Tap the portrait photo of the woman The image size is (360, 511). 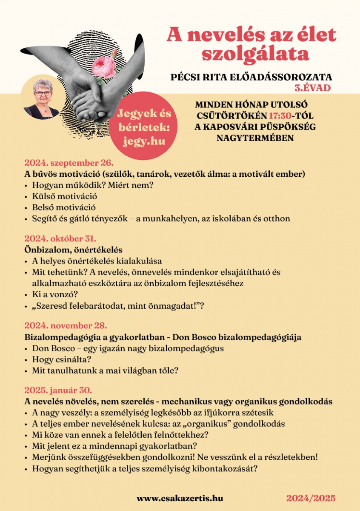click(42, 98)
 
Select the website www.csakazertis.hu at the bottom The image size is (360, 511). click(180, 498)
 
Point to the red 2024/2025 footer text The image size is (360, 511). click(311, 498)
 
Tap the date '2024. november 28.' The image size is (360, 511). click(66, 326)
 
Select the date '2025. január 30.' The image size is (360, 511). click(58, 390)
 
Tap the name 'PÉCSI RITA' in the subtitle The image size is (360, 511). click(200, 77)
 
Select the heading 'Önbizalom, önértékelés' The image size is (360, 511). click(73, 250)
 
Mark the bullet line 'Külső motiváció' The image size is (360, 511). click(64, 196)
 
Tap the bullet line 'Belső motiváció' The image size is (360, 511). click(63, 207)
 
